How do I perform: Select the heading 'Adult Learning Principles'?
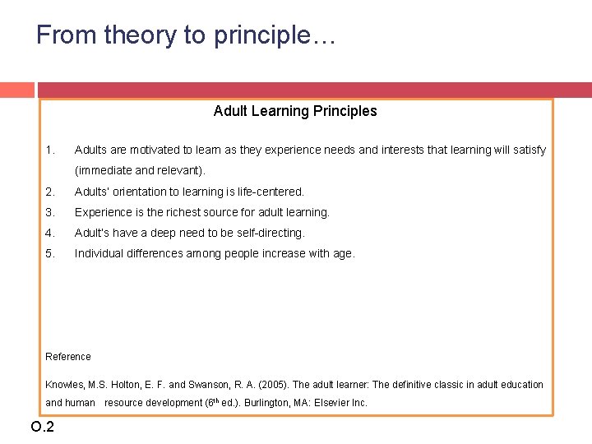(295, 111)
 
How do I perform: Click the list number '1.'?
(50, 150)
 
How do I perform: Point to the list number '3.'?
(50, 212)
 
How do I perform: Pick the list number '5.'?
(50, 253)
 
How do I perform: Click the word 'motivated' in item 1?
(153, 150)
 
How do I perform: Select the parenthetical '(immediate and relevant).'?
(140, 171)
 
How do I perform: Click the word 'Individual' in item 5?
(100, 253)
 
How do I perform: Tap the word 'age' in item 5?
(343, 254)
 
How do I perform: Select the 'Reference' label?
(68, 357)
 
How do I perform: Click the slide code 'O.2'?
(42, 426)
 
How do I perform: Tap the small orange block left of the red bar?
(16, 90)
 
